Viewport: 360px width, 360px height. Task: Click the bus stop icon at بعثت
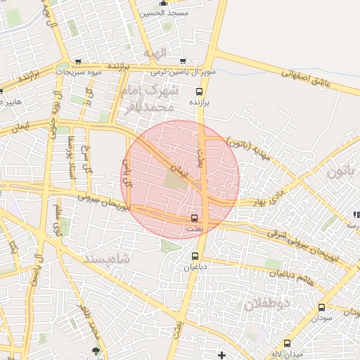point(195,219)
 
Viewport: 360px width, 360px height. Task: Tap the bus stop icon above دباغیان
point(195,257)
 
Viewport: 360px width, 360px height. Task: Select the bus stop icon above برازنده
point(199,91)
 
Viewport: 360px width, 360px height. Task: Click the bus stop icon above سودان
point(321,307)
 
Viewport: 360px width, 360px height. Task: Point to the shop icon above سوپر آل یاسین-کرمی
point(183,62)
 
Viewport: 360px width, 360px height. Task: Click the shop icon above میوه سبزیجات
point(77,62)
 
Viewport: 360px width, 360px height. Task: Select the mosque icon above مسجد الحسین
point(164,3)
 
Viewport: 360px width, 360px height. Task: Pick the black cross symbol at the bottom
point(222,355)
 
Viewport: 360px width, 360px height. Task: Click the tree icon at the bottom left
point(96,349)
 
